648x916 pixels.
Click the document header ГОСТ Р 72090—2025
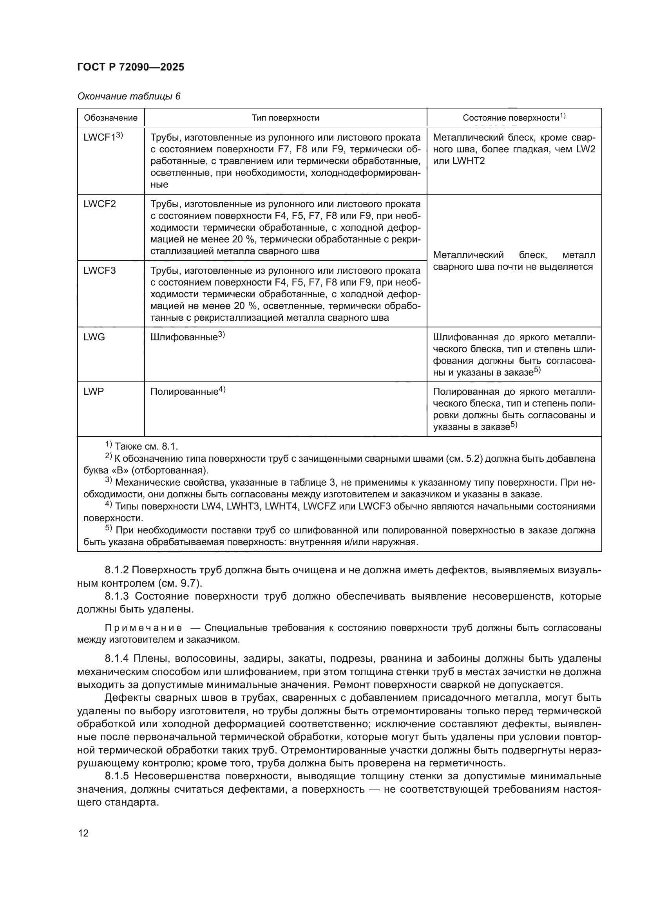click(130, 67)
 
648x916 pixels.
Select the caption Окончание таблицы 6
click(129, 96)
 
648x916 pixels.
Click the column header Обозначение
click(110, 118)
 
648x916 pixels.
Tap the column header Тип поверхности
click(285, 118)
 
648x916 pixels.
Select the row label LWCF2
click(100, 204)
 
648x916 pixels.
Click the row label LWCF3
click(100, 271)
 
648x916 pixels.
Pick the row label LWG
click(94, 338)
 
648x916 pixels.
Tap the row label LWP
click(93, 392)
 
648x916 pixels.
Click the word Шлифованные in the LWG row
click(184, 338)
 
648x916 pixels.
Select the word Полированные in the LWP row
click(185, 392)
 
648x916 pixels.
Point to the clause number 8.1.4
click(116, 659)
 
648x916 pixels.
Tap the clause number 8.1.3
click(116, 596)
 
